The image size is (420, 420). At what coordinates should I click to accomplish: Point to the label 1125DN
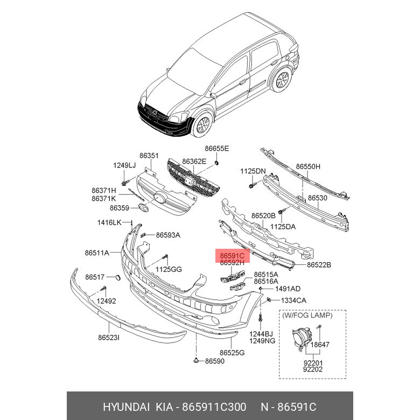pos(253,171)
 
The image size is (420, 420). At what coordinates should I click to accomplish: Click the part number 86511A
pos(97,253)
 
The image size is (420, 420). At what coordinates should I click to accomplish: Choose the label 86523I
pos(108,338)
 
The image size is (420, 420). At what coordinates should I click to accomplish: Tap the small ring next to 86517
pos(115,277)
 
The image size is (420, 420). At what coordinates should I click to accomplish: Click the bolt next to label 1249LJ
pos(124,184)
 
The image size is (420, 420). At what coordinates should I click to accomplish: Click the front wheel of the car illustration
pos(203,125)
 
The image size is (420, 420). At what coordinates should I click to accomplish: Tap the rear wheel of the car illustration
pos(281,82)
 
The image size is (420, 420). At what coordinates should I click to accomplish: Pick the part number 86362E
pos(194,161)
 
